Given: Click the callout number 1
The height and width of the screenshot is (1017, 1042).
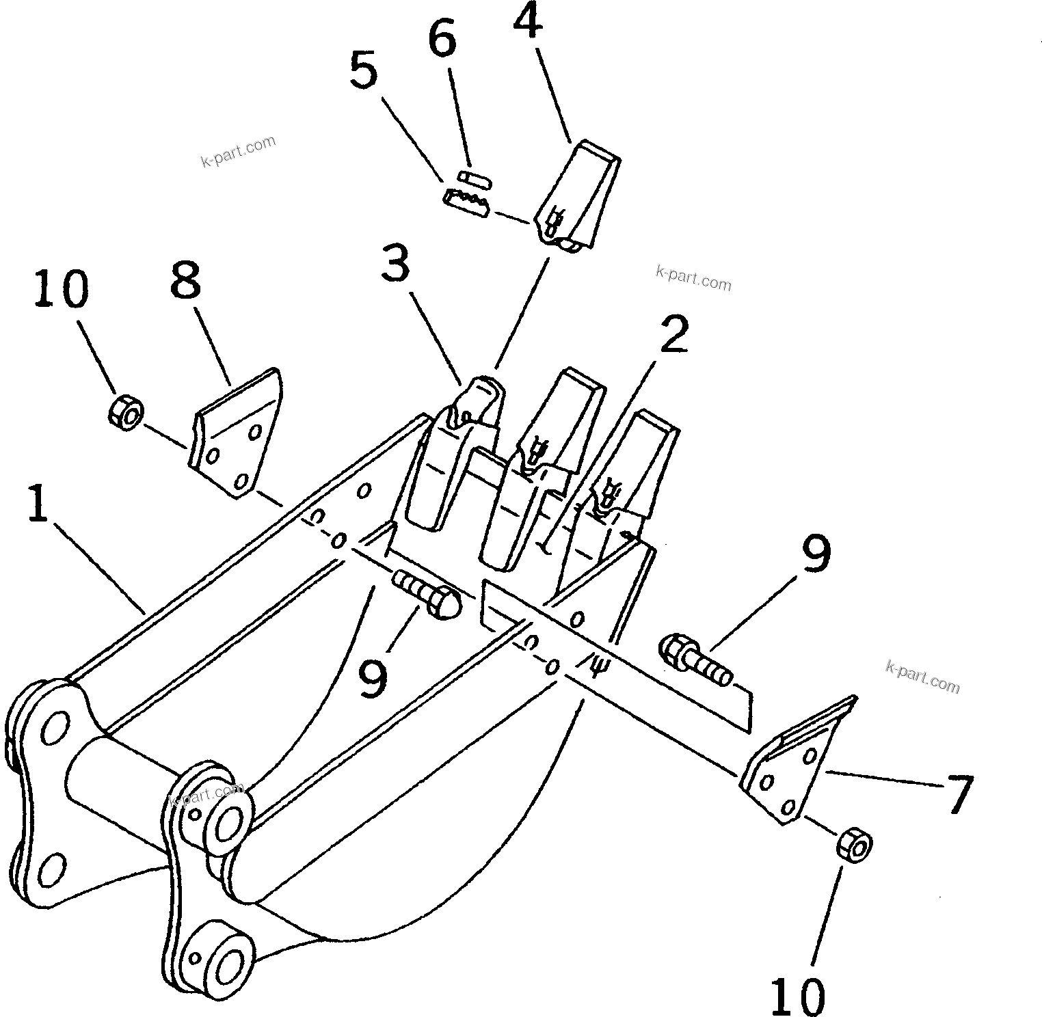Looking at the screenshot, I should point(38,502).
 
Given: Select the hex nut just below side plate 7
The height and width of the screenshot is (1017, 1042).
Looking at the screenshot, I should point(854,847).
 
